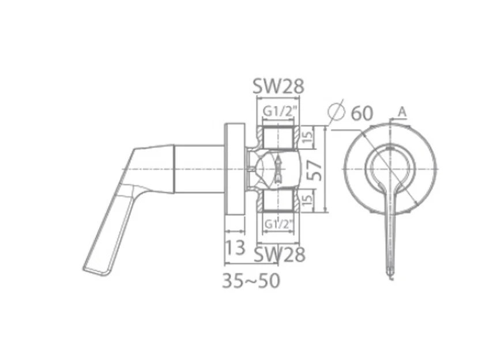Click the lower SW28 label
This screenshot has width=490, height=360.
[x=279, y=254]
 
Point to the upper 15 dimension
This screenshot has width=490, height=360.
[x=307, y=135]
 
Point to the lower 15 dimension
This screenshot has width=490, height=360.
[x=308, y=199]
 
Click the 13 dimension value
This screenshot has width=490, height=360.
[x=235, y=247]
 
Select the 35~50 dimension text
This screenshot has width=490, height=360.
[x=251, y=281]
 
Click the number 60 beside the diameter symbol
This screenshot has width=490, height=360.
[x=362, y=113]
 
